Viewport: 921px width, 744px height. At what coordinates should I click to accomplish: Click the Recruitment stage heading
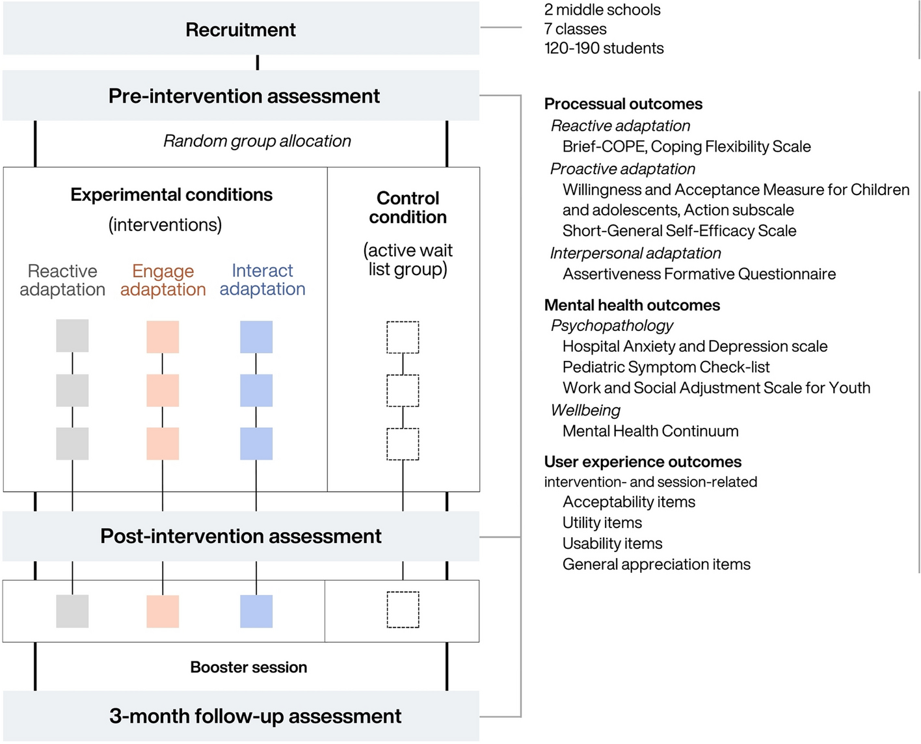point(241,30)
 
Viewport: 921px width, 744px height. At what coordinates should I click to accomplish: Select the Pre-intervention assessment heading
point(244,96)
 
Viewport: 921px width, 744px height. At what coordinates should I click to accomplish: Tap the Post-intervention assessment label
point(241,537)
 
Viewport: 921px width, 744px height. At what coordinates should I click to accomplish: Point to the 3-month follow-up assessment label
point(255,716)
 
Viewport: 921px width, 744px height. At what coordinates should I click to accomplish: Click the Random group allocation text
point(257,141)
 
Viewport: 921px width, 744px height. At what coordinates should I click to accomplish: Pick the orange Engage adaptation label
point(163,280)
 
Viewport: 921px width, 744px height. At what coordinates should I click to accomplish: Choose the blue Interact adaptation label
point(262,280)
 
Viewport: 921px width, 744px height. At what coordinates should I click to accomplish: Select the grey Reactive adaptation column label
point(62,280)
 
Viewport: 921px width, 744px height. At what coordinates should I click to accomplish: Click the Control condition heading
point(408,207)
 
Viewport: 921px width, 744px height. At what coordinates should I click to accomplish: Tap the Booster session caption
point(248,667)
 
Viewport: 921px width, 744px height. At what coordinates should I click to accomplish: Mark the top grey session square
point(72,336)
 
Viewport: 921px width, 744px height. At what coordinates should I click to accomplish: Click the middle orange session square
point(163,391)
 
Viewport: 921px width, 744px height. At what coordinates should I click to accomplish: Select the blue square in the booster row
point(256,611)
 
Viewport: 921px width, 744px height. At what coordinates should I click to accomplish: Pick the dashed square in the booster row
point(403,610)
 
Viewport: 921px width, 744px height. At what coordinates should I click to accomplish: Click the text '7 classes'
point(575,29)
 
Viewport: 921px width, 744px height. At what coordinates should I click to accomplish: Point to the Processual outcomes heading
point(623,104)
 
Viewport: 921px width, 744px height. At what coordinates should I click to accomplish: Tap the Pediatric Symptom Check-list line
point(666,367)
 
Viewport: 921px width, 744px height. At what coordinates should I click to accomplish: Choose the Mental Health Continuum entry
point(650,431)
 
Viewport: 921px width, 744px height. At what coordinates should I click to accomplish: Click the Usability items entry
point(612,544)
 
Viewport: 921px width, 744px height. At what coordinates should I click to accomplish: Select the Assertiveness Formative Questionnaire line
point(699,274)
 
